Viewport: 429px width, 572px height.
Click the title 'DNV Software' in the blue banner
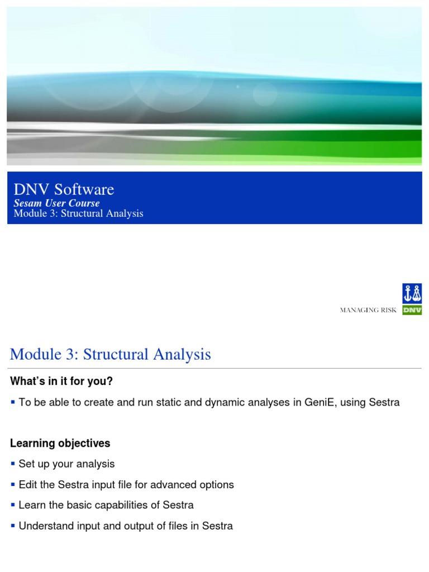coord(64,189)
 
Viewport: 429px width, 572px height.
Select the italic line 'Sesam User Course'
coord(56,203)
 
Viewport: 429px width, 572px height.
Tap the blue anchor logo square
coord(412,293)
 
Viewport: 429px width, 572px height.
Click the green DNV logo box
coord(412,310)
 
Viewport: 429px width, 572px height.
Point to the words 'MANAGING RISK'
coord(368,310)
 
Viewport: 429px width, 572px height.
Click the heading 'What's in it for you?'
coord(61,381)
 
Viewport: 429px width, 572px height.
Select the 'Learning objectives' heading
coord(60,443)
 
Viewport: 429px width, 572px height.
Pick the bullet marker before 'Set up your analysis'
coord(13,464)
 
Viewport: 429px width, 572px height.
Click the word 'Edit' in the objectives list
coord(28,484)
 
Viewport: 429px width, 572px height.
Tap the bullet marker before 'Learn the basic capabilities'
coord(13,505)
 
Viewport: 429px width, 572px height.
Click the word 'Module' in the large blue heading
coord(36,354)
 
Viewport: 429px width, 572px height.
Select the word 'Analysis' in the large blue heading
coord(182,355)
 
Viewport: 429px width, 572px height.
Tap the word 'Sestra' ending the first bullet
coord(384,402)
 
